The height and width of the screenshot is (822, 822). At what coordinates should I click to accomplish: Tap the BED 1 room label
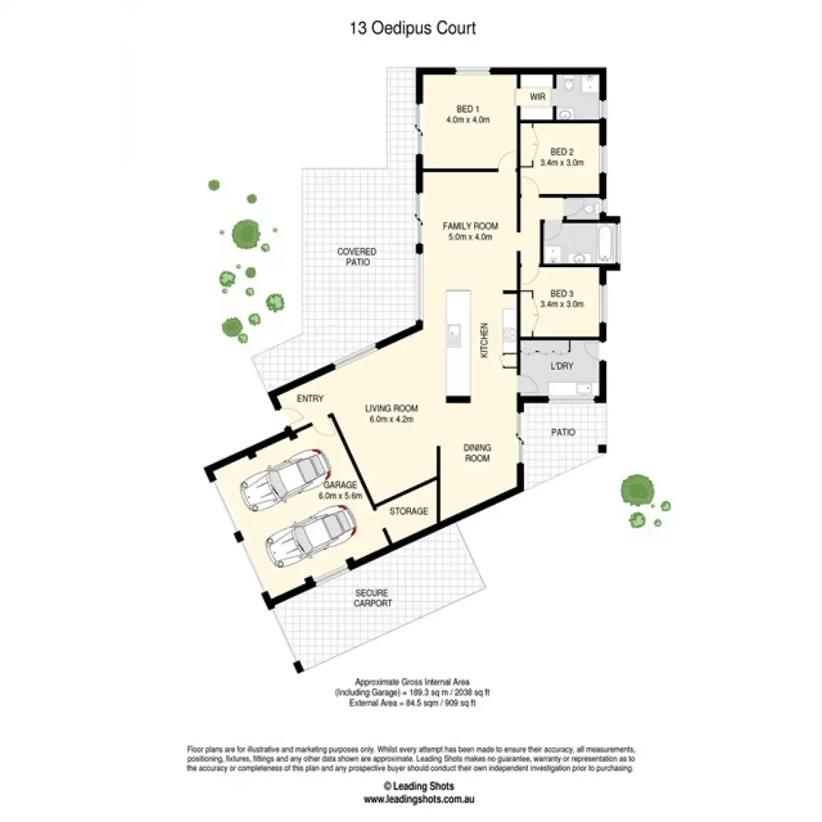468,109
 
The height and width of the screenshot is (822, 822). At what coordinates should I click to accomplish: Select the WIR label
538,97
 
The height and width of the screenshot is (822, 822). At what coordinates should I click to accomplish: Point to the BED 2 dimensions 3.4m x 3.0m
562,163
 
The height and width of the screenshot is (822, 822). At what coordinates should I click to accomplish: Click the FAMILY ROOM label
470,226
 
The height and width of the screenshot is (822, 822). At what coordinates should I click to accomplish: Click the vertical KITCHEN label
484,340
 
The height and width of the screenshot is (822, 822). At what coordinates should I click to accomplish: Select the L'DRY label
562,366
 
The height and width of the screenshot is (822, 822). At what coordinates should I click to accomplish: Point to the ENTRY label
310,399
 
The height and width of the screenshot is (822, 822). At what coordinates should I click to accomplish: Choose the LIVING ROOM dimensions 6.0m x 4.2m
391,419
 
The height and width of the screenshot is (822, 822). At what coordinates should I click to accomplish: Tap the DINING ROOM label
477,453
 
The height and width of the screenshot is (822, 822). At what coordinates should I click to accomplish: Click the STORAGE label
409,511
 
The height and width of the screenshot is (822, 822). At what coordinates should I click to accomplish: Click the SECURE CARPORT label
373,598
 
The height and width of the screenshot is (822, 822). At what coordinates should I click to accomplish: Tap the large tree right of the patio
637,490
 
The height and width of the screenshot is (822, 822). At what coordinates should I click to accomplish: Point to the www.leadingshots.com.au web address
419,799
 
